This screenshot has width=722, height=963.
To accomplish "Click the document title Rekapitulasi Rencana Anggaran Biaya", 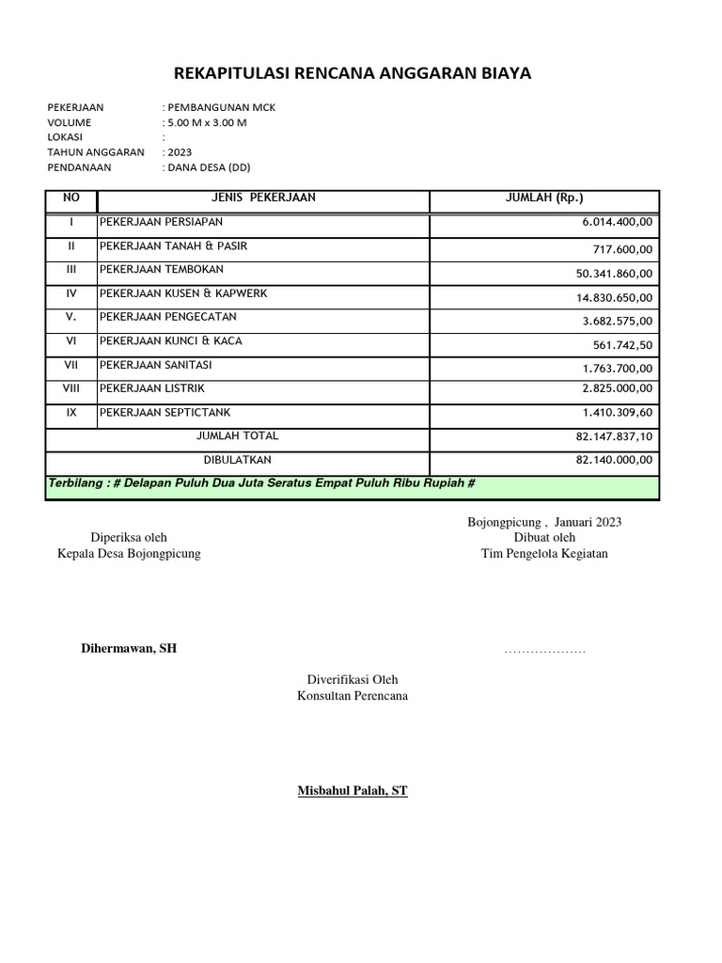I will [353, 73].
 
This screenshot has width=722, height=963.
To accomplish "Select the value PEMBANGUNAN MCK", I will [221, 107].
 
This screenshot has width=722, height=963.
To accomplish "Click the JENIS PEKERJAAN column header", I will [263, 197].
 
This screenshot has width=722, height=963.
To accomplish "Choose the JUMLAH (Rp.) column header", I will [544, 197].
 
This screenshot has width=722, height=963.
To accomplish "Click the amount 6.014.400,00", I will [617, 222].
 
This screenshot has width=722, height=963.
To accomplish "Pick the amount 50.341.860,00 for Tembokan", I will [613, 273].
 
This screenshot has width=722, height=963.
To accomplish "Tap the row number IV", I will [71, 293].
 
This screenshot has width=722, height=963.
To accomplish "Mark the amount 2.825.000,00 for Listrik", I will [617, 389].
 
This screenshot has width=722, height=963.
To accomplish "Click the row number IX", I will [71, 412].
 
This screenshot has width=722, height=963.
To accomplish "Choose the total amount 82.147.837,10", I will [613, 437].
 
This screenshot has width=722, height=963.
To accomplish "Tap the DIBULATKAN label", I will [238, 460].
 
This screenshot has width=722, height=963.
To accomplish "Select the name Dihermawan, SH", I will [128, 649].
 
